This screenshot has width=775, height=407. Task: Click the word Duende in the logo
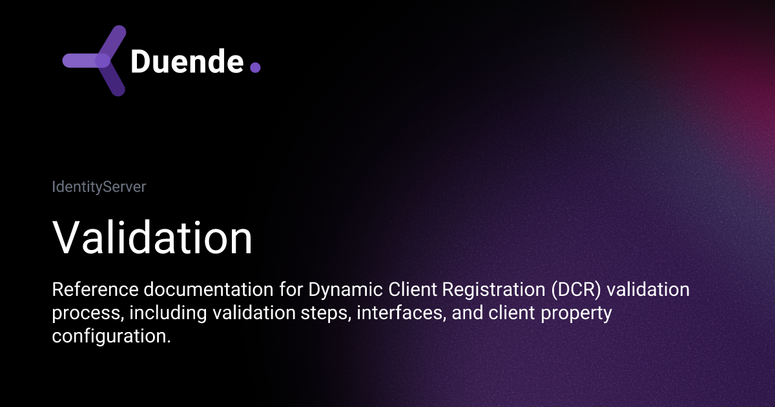(187, 61)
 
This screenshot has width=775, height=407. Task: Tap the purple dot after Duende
(254, 67)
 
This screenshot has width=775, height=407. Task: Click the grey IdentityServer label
(99, 187)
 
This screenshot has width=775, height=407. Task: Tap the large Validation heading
(152, 238)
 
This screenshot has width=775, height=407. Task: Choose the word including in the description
(161, 313)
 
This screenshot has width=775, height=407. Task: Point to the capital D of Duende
(141, 61)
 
